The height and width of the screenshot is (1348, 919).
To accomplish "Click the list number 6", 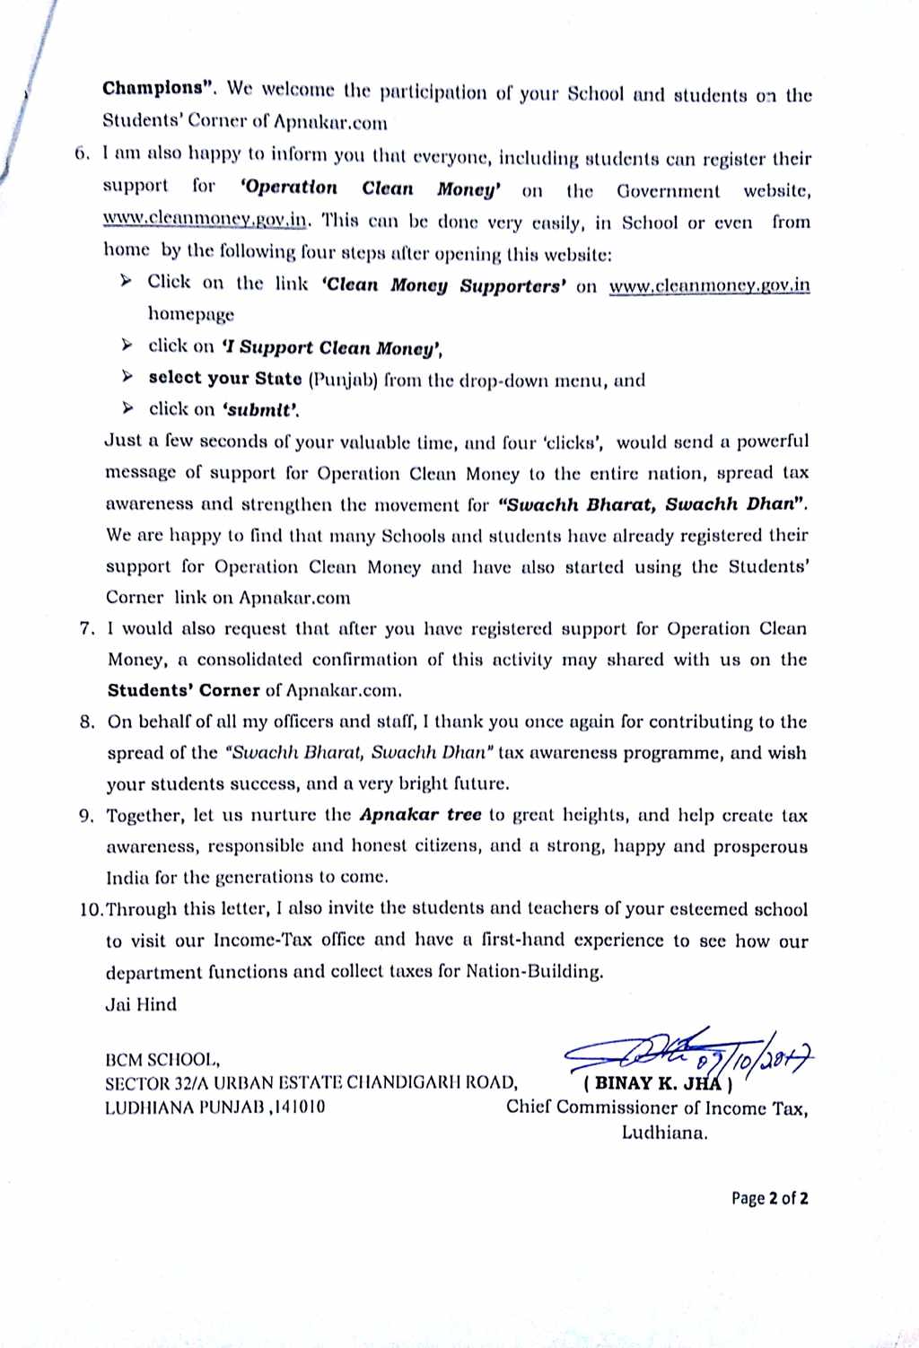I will point(83,153).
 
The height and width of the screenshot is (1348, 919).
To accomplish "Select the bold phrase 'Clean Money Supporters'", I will point(443,285).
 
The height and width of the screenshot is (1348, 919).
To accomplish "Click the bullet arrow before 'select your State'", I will point(128,377).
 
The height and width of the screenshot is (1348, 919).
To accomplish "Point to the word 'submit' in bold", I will point(260,410).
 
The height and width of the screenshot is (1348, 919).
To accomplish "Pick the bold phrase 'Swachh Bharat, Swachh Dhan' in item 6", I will point(652,504).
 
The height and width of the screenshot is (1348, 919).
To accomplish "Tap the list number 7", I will point(87,629).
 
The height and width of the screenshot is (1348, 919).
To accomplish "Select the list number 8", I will point(87,722).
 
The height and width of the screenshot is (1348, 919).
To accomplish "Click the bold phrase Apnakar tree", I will point(420,815).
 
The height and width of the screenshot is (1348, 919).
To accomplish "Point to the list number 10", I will point(92,909).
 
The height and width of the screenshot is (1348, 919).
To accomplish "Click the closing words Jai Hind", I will point(141,1004).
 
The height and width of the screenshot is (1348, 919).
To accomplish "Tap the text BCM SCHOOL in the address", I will point(162,1060).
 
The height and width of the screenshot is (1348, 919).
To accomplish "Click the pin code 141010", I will point(299,1107).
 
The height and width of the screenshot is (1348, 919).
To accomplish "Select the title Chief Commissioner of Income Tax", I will point(656,1107).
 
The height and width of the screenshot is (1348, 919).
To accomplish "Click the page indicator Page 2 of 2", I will point(769,1198).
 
